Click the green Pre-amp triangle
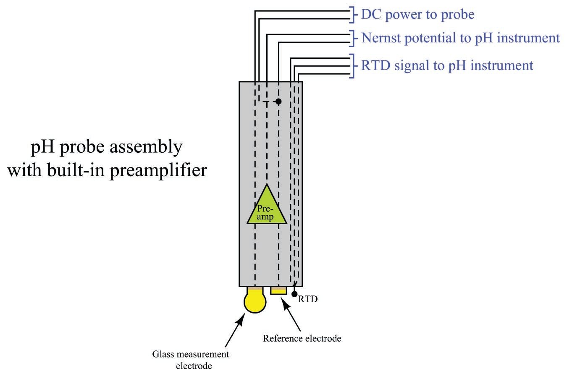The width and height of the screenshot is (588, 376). (x=266, y=210)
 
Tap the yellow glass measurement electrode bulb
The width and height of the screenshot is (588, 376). (x=255, y=302)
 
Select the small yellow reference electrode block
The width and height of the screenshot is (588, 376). (x=278, y=290)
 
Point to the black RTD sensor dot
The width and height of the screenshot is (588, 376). (x=295, y=294)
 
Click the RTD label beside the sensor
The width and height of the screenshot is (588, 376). (x=308, y=299)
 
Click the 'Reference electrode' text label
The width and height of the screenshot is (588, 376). (x=302, y=338)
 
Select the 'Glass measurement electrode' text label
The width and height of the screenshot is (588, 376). (x=191, y=360)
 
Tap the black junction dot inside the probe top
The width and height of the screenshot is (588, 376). (x=278, y=102)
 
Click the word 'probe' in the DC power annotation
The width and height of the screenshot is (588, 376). (x=457, y=15)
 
